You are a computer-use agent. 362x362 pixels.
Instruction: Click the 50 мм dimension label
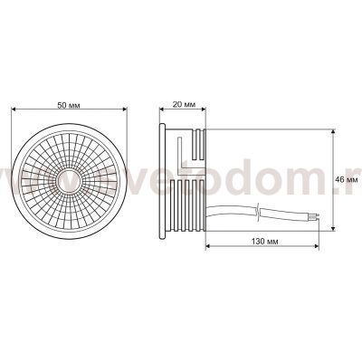(x=68, y=106)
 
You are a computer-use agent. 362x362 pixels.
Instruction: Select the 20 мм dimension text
(x=183, y=106)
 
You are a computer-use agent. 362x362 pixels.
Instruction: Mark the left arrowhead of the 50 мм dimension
(x=13, y=111)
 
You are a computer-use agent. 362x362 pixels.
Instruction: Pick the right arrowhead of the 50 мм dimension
(x=126, y=111)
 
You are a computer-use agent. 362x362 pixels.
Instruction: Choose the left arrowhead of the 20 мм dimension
(x=166, y=112)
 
